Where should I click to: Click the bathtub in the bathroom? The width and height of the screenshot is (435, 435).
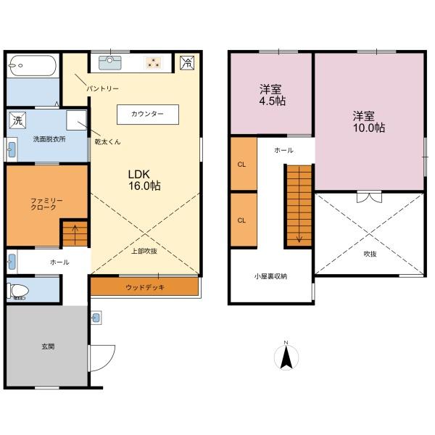[32, 66]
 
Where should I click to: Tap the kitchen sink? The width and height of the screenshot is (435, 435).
[110, 62]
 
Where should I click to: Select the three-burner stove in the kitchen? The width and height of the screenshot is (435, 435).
[154, 62]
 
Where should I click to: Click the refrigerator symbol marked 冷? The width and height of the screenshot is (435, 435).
[187, 62]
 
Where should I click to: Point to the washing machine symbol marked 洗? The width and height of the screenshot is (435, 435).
[17, 120]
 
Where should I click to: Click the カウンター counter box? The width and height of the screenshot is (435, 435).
[148, 115]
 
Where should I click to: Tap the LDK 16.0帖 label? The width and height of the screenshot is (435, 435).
[144, 180]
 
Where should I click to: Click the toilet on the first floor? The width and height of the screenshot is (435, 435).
[18, 291]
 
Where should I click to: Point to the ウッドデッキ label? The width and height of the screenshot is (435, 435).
[145, 287]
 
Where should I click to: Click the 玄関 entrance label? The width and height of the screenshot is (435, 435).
[48, 347]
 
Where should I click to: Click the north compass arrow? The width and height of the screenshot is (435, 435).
[286, 358]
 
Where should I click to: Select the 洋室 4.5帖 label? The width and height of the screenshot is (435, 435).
[272, 95]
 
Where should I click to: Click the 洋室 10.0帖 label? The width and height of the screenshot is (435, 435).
[369, 122]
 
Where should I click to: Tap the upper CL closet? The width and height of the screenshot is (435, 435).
[244, 164]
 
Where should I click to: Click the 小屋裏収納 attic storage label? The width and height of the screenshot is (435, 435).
[270, 276]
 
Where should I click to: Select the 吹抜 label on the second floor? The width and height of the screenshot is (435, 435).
[370, 254]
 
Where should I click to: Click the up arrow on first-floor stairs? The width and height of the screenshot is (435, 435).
[75, 235]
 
